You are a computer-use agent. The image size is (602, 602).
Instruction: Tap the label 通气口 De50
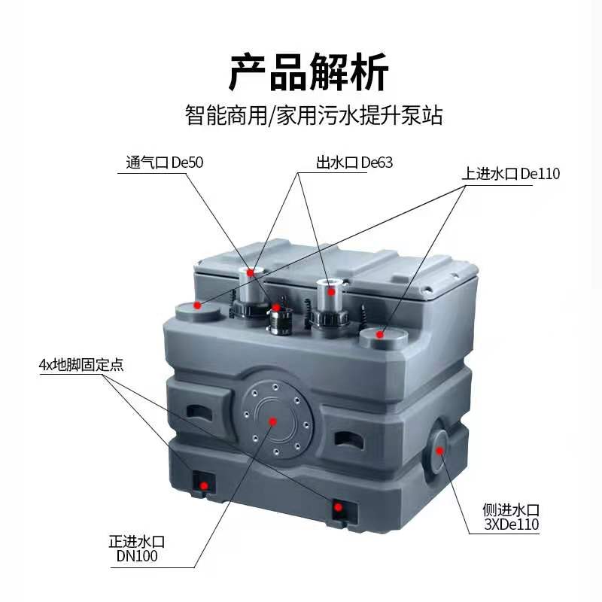coord(164,161)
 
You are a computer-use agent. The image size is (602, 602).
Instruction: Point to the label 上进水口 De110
coord(512,174)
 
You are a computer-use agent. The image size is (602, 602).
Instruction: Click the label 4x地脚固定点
coord(81,366)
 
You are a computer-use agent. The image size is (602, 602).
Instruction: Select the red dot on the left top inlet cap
coord(197,305)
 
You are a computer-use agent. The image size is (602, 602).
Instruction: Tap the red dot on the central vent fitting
coord(277,307)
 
